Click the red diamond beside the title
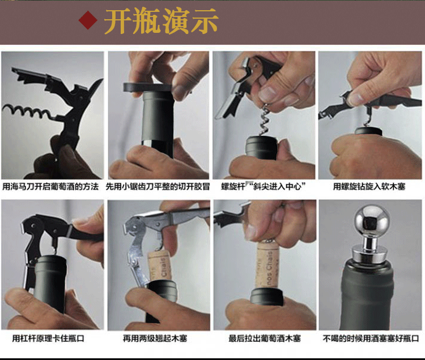[x=88, y=20]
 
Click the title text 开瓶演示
[x=161, y=21]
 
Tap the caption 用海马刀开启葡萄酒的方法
[x=50, y=186]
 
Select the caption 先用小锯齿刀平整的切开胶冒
[x=158, y=186]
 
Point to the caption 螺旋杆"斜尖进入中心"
[x=263, y=186]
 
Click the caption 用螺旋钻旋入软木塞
[x=369, y=186]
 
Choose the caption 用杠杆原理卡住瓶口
[x=48, y=338]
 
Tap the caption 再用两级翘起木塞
[x=155, y=338]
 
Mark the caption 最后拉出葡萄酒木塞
[x=265, y=338]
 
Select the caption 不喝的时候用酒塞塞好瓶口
[x=371, y=338]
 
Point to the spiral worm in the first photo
[x=27, y=112]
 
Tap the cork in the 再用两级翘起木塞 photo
[x=160, y=266]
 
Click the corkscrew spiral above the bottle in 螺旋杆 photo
[x=265, y=119]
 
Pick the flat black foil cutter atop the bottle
[x=148, y=87]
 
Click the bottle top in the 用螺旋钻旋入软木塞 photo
[x=368, y=131]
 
